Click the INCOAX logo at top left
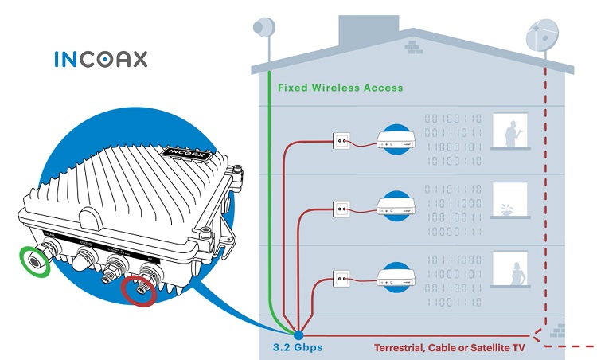(100, 59)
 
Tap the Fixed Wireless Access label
(340, 88)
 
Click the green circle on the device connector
(34, 260)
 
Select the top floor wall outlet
(341, 141)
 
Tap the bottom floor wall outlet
(341, 278)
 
